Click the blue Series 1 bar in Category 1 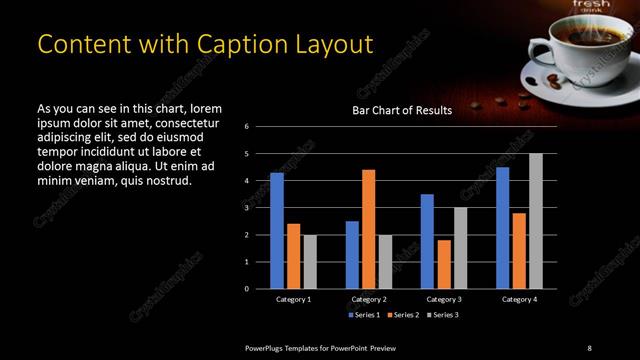277,230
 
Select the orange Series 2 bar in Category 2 369,228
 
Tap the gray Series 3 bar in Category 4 535,220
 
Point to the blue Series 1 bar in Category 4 503,227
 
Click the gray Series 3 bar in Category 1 309,261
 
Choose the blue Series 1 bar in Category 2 352,254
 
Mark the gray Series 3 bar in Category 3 460,247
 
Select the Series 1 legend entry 362,315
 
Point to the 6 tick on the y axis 247,127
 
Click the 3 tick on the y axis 247,208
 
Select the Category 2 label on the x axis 369,299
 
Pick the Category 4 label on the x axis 519,299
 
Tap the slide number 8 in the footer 589,347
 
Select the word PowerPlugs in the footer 270,347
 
